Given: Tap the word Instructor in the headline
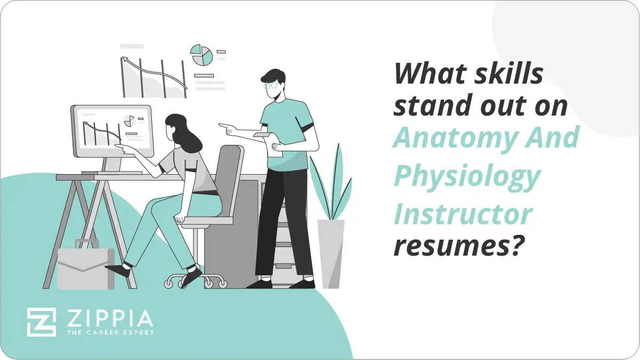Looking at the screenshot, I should click(x=463, y=213).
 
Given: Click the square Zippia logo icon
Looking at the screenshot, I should click(x=42, y=322).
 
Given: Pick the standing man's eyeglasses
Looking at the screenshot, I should click(x=271, y=85).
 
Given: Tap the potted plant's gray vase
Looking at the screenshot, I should click(x=331, y=253).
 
